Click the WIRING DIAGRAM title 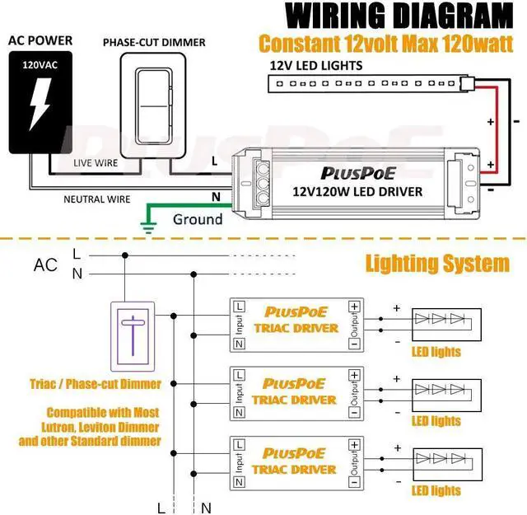pyautogui.click(x=399, y=16)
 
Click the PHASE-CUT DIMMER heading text pyautogui.click(x=154, y=43)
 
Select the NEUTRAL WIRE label pyautogui.click(x=98, y=199)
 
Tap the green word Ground pyautogui.click(x=197, y=219)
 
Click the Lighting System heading pyautogui.click(x=436, y=264)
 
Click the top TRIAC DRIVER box pyautogui.click(x=296, y=322)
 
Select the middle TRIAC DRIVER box pyautogui.click(x=296, y=392)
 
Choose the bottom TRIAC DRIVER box pyautogui.click(x=296, y=461)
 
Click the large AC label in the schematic pyautogui.click(x=45, y=265)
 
